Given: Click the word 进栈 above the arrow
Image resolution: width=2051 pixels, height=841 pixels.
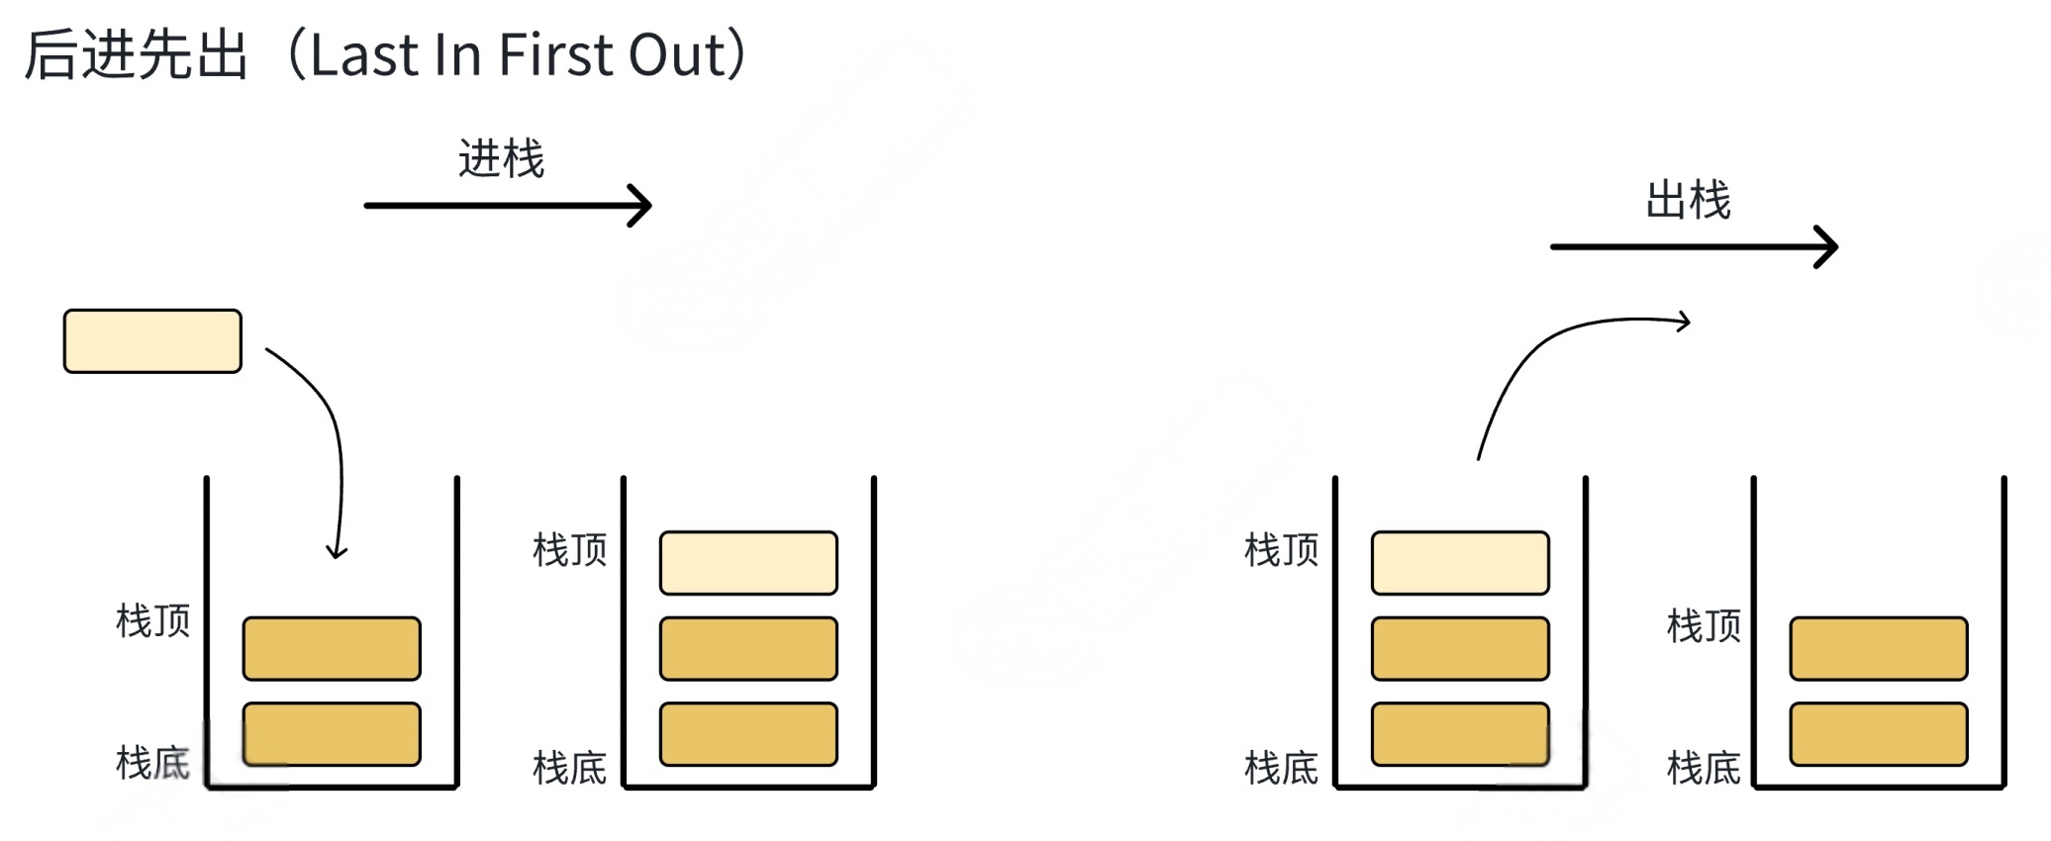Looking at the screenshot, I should (501, 159).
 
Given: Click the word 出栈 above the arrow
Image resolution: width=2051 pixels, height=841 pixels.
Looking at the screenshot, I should (1688, 201).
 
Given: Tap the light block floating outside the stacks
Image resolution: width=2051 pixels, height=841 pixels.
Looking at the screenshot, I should (152, 341).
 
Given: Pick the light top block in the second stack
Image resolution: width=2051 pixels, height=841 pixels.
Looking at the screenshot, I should (748, 563).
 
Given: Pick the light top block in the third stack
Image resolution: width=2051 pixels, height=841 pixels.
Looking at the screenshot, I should (1460, 563).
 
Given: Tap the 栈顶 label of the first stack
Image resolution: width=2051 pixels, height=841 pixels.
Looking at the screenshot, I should (152, 621).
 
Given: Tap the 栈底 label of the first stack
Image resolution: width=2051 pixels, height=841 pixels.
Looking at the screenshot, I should (152, 763).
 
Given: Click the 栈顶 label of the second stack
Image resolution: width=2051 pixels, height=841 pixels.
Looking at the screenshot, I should (569, 550).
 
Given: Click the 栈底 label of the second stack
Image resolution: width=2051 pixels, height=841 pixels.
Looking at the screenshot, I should (569, 768).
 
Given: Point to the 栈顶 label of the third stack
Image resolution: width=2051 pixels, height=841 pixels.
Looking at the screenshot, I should (1281, 550).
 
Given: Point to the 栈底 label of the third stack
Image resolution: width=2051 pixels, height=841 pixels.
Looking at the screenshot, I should (1281, 768).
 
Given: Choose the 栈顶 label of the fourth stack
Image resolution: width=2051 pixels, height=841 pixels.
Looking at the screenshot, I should (1703, 626).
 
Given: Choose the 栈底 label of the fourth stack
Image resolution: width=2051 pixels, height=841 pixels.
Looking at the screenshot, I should (1703, 768).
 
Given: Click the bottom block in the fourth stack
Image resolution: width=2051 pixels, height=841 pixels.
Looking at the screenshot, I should (1878, 734).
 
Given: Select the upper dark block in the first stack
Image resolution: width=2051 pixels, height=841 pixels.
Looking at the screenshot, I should (332, 649).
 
